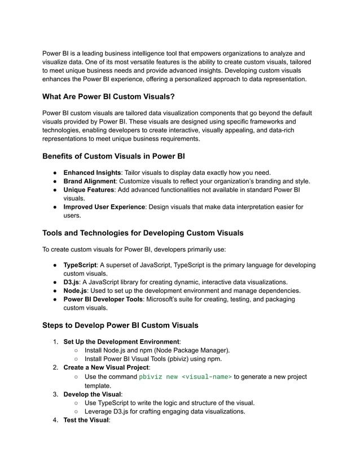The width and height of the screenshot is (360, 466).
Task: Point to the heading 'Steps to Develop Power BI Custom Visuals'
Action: [x=120, y=325]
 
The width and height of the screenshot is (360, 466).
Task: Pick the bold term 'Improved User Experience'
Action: [x=104, y=207]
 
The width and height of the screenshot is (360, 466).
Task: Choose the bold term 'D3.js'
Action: [x=71, y=282]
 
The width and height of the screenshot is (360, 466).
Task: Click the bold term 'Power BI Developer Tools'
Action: [x=103, y=300]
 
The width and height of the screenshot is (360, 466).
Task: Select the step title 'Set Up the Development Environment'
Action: [x=121, y=342]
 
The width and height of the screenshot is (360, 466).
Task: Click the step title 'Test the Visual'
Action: [x=86, y=420]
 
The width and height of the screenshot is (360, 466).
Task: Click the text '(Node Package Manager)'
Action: [x=192, y=350]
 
